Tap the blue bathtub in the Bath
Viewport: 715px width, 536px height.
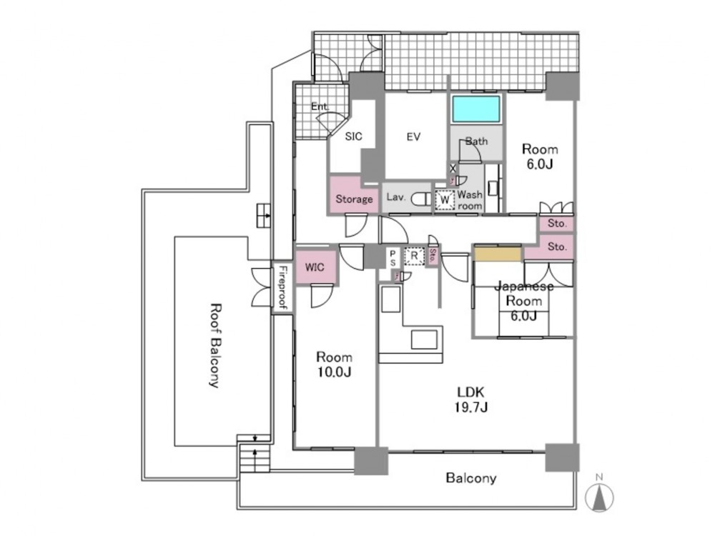(475, 109)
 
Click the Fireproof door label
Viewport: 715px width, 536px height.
(282, 287)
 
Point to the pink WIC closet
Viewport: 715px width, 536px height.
(315, 267)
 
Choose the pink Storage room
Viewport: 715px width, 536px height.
(354, 199)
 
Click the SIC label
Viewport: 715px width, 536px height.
(354, 137)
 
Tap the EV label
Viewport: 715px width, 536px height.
(413, 137)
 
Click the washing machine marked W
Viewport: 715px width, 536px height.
(444, 199)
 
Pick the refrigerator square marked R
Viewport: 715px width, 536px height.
(413, 255)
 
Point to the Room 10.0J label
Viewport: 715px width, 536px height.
(335, 364)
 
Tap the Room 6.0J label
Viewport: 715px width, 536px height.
(539, 157)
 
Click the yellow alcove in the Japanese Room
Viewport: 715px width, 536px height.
(498, 253)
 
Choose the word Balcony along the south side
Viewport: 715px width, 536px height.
(470, 478)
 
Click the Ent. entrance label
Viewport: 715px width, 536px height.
(320, 107)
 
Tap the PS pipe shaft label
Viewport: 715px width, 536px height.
(393, 258)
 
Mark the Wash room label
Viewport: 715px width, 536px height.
(470, 199)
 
